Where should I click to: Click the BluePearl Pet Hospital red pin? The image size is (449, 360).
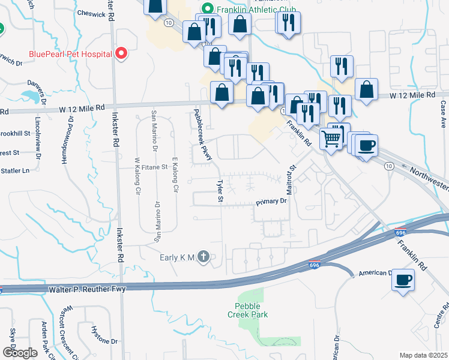pyautogui.click(x=121, y=54)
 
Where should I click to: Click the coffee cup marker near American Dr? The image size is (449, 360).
pyautogui.click(x=402, y=278)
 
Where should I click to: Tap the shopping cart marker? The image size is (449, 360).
pyautogui.click(x=331, y=139)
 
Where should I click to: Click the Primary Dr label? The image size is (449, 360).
pyautogui.click(x=273, y=202)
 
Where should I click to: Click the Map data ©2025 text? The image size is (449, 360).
pyautogui.click(x=423, y=355)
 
